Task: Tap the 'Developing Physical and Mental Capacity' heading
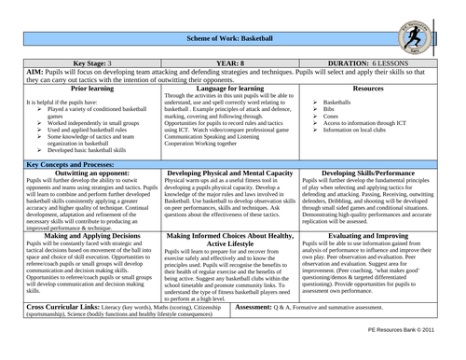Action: point(233,200)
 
